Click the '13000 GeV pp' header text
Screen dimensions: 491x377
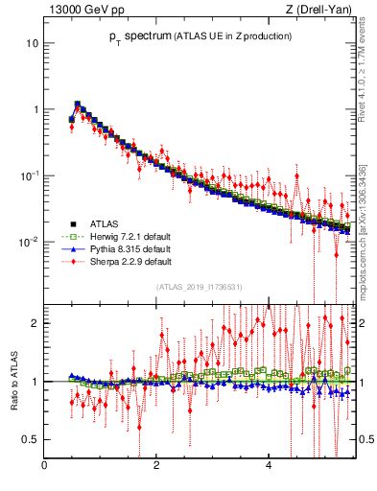point(81,10)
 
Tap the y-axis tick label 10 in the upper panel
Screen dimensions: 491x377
point(32,44)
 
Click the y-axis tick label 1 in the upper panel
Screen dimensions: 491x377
point(35,109)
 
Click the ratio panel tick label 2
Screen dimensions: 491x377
point(35,323)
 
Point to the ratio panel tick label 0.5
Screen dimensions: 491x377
point(31,439)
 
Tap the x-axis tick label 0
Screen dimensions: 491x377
point(44,467)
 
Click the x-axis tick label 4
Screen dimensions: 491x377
point(268,467)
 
